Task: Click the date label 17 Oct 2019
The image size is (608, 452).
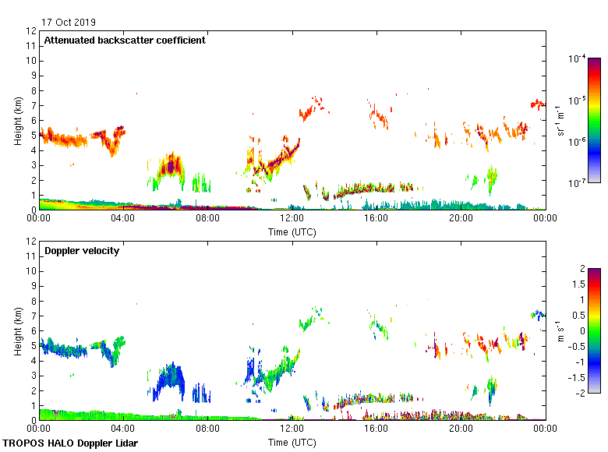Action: tap(69, 22)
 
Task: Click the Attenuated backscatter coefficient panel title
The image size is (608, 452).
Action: tap(125, 41)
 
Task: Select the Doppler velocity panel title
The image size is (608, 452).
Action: tap(82, 251)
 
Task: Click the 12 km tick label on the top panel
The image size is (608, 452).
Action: tap(32, 31)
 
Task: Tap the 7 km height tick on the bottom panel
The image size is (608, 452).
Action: tap(32, 316)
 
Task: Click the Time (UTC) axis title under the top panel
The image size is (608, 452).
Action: tap(292, 231)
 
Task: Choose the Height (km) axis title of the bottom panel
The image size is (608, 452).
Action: tap(17, 331)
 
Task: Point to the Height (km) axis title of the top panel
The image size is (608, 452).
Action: tap(17, 121)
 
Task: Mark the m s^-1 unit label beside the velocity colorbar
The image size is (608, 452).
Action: tap(561, 330)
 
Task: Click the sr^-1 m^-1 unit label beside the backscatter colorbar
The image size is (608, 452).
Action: tap(561, 120)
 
